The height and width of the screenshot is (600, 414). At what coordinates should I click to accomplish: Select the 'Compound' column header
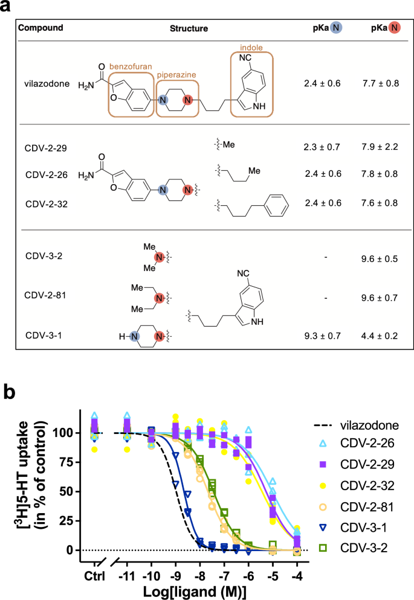[40, 28]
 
